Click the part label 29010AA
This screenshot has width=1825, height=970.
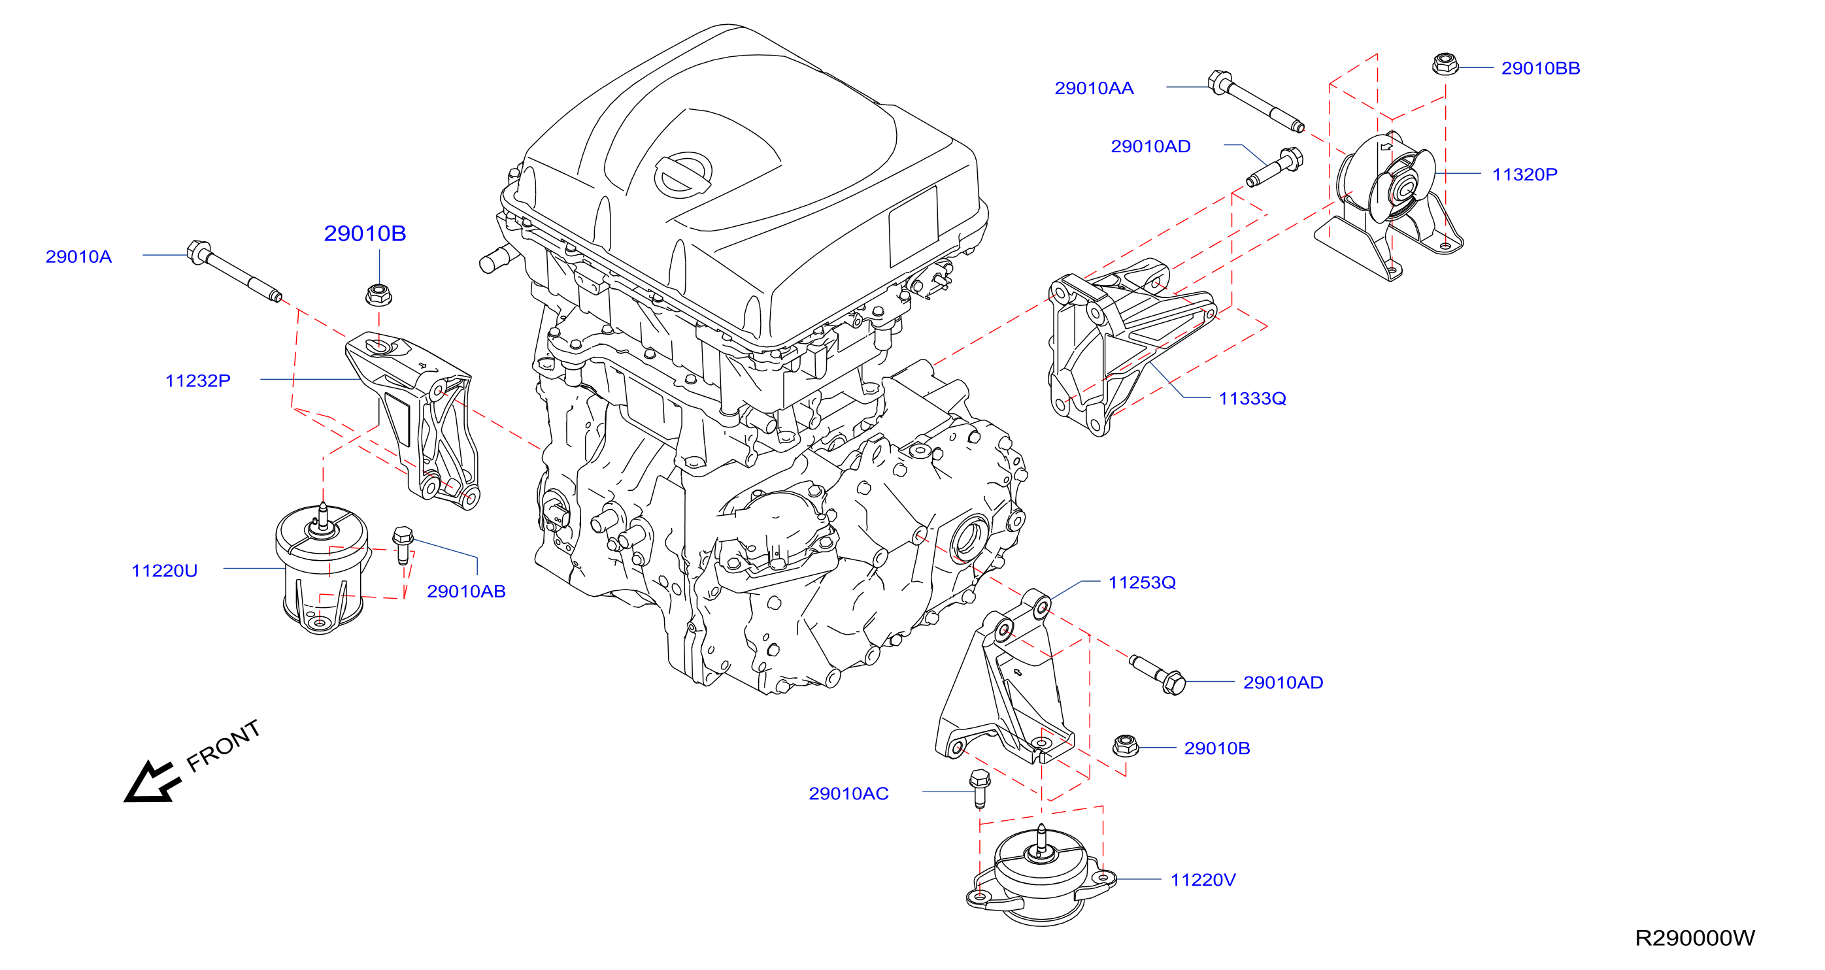coord(1094,89)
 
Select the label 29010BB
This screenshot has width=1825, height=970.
coord(1540,68)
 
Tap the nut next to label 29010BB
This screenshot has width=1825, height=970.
coord(1445,64)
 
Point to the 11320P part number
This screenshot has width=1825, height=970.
coord(1524,175)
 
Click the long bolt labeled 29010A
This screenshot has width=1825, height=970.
coord(235,271)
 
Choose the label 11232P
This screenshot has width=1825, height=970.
coord(197,380)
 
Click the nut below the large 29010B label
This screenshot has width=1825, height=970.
coord(379,294)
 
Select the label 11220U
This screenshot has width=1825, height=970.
coord(164,571)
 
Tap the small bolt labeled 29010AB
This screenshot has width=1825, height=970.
coord(403,544)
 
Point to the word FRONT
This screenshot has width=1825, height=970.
coord(223,745)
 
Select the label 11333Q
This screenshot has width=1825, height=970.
coord(1252,398)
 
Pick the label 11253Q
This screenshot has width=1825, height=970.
coord(1142,582)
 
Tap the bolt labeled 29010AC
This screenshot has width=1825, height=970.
coord(979,788)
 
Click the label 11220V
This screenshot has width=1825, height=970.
coord(1203,880)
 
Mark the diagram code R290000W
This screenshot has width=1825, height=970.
coord(1695,938)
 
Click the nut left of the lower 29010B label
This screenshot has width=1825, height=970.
coord(1125,745)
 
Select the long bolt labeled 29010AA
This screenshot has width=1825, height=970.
coord(1256,101)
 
